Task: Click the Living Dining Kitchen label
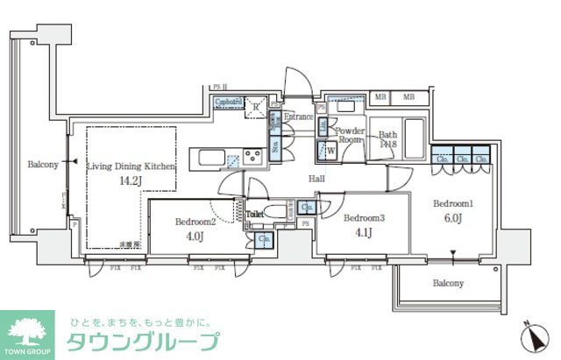pyautogui.click(x=131, y=166)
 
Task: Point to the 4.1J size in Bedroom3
pyautogui.click(x=364, y=233)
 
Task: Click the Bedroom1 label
pyautogui.click(x=454, y=202)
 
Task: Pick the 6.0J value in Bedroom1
pyautogui.click(x=454, y=218)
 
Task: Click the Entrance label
pyautogui.click(x=299, y=116)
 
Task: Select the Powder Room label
pyautogui.click(x=350, y=135)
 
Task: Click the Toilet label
pyautogui.click(x=254, y=213)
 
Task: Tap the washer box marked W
pyautogui.click(x=331, y=150)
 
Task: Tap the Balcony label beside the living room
pyautogui.click(x=43, y=164)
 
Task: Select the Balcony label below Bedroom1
pyautogui.click(x=448, y=283)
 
